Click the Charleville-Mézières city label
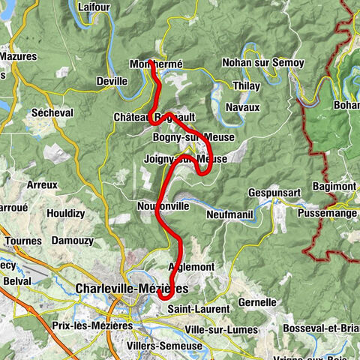coord(132,288)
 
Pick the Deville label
coord(112,81)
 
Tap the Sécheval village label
coord(50,112)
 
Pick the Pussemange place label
coord(330,213)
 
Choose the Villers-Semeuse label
coord(166,346)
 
